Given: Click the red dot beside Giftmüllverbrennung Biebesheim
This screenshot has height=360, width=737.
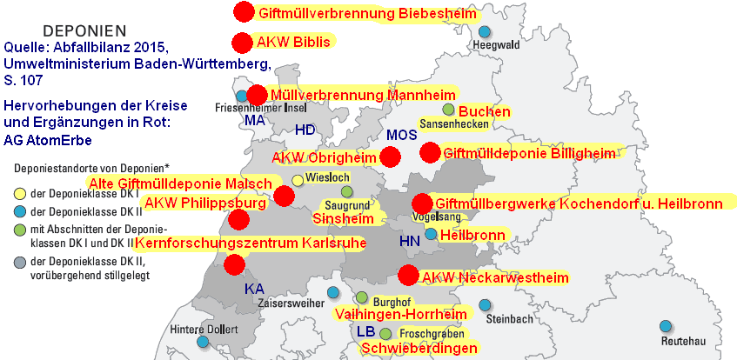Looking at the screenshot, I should (244, 12).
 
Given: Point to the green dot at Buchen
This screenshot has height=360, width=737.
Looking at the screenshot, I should (449, 110).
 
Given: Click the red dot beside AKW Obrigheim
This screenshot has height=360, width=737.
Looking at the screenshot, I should (390, 157).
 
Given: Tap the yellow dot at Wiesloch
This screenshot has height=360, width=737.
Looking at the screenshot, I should (298, 179).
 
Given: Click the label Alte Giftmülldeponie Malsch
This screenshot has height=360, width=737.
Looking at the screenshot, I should (180, 183).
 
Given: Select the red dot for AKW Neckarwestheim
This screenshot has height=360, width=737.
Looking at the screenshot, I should (406, 276).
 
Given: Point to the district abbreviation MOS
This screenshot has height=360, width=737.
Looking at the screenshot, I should (402, 136).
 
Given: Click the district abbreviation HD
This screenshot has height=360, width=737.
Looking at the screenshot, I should (305, 130).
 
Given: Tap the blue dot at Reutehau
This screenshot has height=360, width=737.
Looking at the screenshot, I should (667, 326).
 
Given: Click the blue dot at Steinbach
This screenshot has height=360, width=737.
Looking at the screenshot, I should (486, 306).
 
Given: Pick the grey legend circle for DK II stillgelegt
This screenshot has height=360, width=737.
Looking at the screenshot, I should (18, 262).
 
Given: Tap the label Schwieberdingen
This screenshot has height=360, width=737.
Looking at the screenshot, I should (419, 348).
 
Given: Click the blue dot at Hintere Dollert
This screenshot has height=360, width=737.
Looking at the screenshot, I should (203, 342).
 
